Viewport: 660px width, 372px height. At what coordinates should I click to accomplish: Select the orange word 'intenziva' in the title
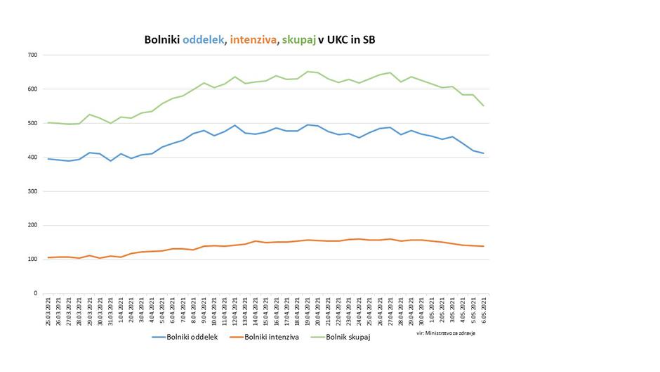(x=251, y=40)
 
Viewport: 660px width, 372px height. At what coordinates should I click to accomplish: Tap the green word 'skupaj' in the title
(x=298, y=40)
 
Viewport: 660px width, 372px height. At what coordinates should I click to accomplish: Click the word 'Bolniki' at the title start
(x=162, y=40)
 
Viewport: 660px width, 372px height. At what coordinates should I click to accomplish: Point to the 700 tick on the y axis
(x=33, y=55)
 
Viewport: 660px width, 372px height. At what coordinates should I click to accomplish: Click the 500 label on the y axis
(x=33, y=123)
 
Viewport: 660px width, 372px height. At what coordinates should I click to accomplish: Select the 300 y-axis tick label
(x=33, y=191)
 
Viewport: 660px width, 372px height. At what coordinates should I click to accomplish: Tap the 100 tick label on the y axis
(x=33, y=259)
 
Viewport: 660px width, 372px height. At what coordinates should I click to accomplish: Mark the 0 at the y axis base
(x=36, y=293)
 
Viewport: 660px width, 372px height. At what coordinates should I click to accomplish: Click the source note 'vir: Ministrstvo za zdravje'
(x=446, y=333)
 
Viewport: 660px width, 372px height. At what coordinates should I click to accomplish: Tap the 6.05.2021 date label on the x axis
(x=484, y=309)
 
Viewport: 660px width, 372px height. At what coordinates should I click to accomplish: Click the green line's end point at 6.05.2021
(x=483, y=105)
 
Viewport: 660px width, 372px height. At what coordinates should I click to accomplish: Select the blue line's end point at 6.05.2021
(x=483, y=153)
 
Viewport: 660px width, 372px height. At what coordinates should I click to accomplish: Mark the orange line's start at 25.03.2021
(x=48, y=257)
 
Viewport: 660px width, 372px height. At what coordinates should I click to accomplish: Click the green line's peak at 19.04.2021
(x=308, y=72)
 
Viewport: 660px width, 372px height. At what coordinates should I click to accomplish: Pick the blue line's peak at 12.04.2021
(x=235, y=125)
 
